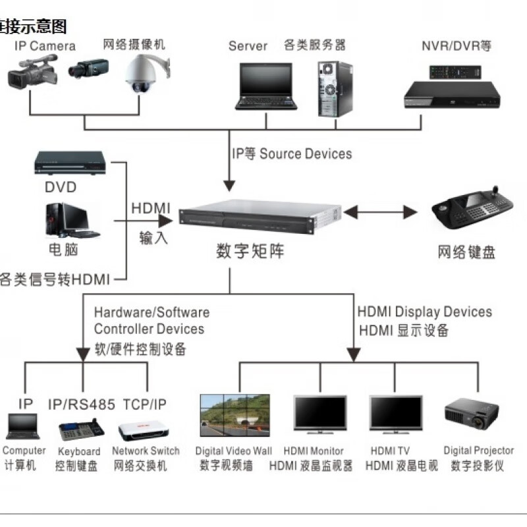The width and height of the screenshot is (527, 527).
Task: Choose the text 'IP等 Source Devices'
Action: pos(291,154)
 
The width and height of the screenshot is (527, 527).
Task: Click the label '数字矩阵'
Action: pos(250,252)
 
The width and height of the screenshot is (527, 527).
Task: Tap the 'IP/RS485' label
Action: pos(82,404)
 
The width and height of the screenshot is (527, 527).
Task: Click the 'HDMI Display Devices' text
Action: pos(424,312)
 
